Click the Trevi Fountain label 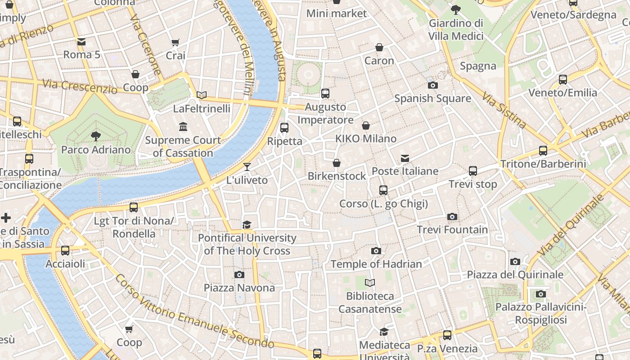coord(452,229)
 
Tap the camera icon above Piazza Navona coord(239,274)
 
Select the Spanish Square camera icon coord(432,85)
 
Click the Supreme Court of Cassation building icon coord(183,127)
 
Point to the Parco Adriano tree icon coord(95,136)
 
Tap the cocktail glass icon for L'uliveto coord(247,167)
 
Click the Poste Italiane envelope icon coord(405,158)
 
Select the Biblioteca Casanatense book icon coord(370,283)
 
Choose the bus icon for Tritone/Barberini coord(543,151)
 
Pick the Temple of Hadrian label coord(376,264)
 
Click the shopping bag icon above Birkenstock coord(336,163)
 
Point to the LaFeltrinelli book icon coord(202,95)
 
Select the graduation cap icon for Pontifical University coord(247,225)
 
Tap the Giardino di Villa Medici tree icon coord(456,9)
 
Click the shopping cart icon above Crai coord(175,43)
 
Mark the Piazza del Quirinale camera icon coord(515,261)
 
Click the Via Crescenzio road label coord(80,86)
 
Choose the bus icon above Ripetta coord(284,128)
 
